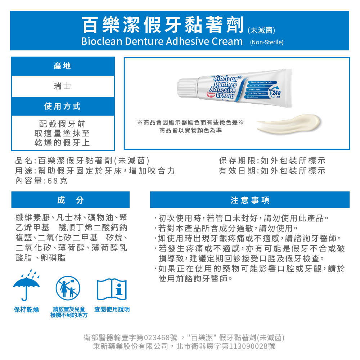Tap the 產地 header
click(x=63, y=66)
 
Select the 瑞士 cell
click(x=63, y=86)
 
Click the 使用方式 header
click(x=63, y=106)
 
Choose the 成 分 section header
click(x=70, y=200)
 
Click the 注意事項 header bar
click(x=250, y=200)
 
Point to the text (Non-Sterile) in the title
click(x=267, y=42)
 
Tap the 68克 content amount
click(x=57, y=181)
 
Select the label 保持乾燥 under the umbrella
click(x=27, y=310)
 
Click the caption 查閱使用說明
click(x=112, y=310)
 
